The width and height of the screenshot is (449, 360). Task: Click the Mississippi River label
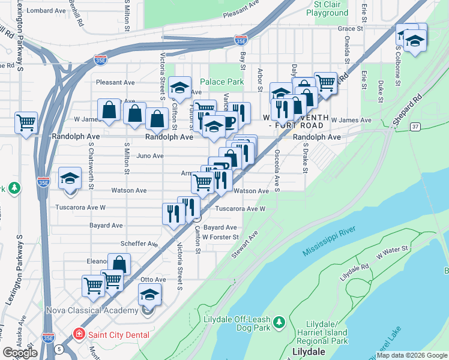[330, 241]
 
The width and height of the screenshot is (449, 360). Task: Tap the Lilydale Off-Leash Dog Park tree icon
[279, 323]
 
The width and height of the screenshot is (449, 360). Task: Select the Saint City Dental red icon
[78, 334]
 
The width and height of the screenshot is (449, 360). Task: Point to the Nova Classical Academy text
[92, 310]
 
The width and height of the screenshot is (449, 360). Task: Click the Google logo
[20, 353]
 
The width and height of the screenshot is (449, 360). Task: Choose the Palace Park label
[221, 82]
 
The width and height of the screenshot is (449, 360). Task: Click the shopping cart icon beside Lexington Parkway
[26, 122]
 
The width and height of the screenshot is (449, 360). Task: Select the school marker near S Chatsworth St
[70, 178]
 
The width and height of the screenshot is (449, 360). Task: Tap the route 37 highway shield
[415, 127]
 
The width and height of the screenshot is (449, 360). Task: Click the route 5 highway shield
[59, 349]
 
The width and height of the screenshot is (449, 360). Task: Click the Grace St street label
[351, 28]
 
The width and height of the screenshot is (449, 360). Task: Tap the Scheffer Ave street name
[139, 244]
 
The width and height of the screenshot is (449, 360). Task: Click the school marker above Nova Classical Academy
[149, 294]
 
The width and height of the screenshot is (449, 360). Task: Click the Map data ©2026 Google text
[412, 355]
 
